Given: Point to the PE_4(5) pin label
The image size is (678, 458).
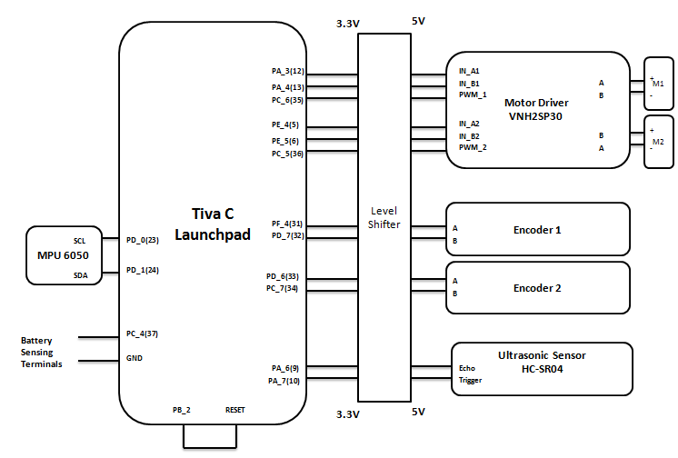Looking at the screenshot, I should coord(284,124).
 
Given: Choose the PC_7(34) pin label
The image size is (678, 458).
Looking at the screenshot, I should coord(283,288).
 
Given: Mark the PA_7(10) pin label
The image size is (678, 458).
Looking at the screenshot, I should coord(283,381).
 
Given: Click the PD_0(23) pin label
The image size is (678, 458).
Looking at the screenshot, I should coord(143,240).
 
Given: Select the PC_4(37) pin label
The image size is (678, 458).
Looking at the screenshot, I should coord(143,334).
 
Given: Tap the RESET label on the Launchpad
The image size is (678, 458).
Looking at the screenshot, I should coord(235,410).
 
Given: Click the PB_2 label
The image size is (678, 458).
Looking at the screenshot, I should coord(182,410).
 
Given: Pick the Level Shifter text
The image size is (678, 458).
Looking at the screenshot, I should coord(384,217).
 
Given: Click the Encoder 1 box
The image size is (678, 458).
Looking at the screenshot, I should coord(537,228).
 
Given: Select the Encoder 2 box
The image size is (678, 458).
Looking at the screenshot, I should coord(537,287).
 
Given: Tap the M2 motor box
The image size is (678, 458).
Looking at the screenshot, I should coord(659,142).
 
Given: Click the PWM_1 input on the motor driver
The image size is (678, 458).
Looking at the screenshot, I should coord(473,95).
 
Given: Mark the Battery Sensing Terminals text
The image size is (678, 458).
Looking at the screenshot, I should coord(42,353).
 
